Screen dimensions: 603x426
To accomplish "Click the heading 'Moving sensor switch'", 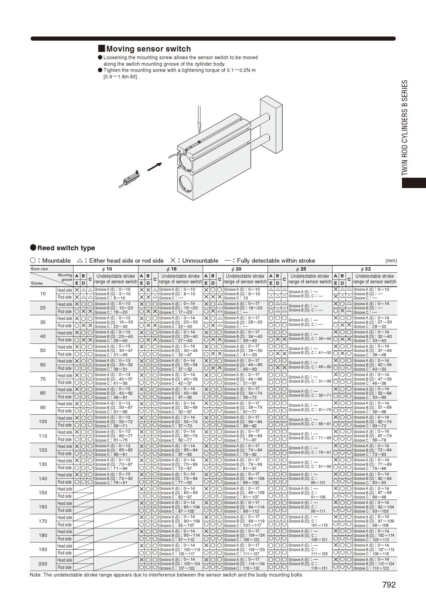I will click(x=148, y=49).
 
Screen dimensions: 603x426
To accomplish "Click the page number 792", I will click(x=389, y=585).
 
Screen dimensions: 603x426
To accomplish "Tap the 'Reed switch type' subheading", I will click(x=66, y=248).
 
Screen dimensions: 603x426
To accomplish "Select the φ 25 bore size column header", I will click(x=301, y=269).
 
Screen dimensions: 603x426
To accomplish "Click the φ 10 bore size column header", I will click(x=106, y=269).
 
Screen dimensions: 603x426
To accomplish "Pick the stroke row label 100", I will click(x=43, y=421).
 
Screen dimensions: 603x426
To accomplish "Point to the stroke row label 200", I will click(x=43, y=564).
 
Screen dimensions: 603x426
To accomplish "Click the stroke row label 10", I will click(x=43, y=294).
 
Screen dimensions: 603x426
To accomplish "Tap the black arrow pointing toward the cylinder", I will click(x=154, y=167).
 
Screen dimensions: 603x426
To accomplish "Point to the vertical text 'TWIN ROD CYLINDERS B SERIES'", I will click(x=405, y=128).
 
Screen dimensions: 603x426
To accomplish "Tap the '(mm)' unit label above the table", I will click(x=391, y=261).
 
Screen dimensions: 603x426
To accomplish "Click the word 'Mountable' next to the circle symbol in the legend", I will click(x=56, y=261).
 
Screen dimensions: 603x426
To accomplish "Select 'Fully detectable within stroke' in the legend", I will click(x=276, y=261).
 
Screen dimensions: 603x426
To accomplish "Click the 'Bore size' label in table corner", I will click(x=40, y=269).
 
